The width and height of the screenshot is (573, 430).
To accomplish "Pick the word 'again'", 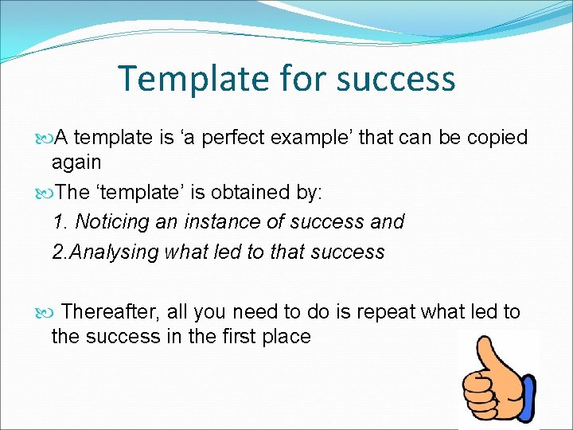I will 76,162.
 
